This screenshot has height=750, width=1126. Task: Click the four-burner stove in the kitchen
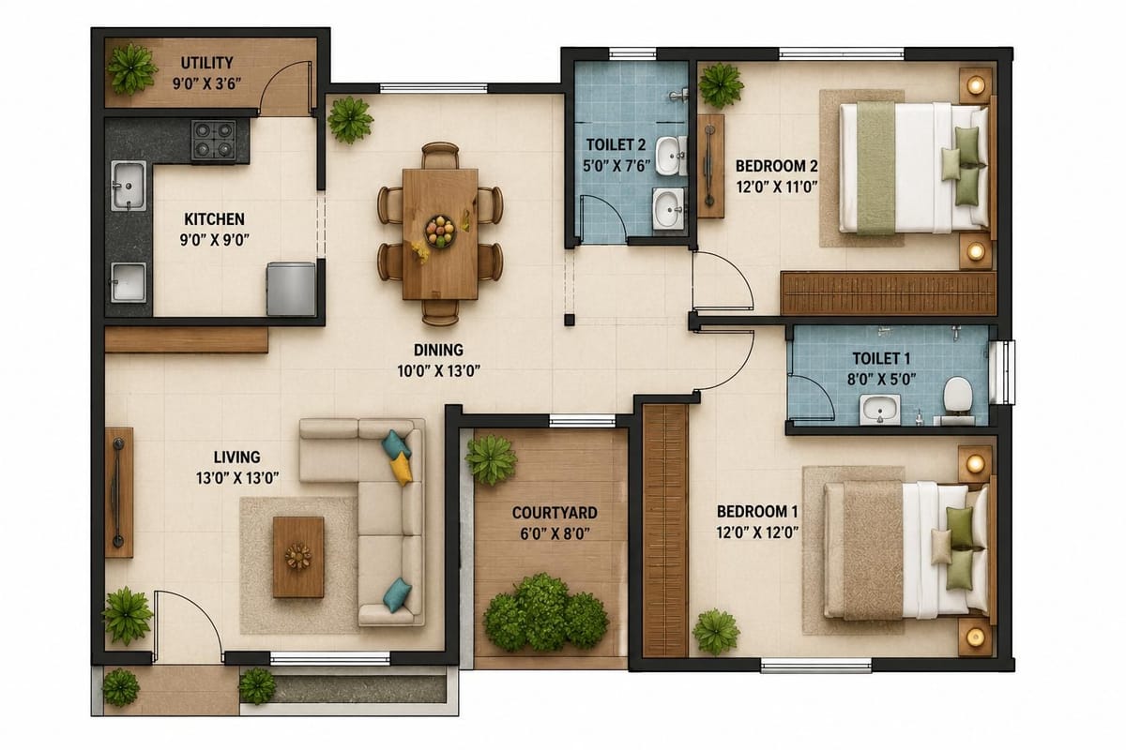213,140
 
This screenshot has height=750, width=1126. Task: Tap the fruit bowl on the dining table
440,231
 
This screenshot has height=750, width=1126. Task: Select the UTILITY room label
207,63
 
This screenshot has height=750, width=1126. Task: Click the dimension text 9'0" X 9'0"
215,240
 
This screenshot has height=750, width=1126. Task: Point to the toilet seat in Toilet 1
957,395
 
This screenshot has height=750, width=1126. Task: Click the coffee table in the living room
298,557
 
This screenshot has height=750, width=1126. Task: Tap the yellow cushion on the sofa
402,468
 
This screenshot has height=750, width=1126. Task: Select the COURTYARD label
555,513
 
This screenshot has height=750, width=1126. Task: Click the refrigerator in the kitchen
291,289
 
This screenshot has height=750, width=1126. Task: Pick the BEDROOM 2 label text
777,166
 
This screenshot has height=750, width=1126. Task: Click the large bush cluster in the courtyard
545,613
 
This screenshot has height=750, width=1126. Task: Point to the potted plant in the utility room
131,67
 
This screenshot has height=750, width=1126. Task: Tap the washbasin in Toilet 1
880,410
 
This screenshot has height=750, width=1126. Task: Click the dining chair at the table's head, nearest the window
440,155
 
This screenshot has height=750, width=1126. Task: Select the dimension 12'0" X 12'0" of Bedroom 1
757,532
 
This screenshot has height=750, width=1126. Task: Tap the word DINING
438,350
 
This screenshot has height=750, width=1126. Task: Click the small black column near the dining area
569,320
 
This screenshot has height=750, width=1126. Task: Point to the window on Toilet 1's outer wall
1002,372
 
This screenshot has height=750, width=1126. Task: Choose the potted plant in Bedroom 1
716,632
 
